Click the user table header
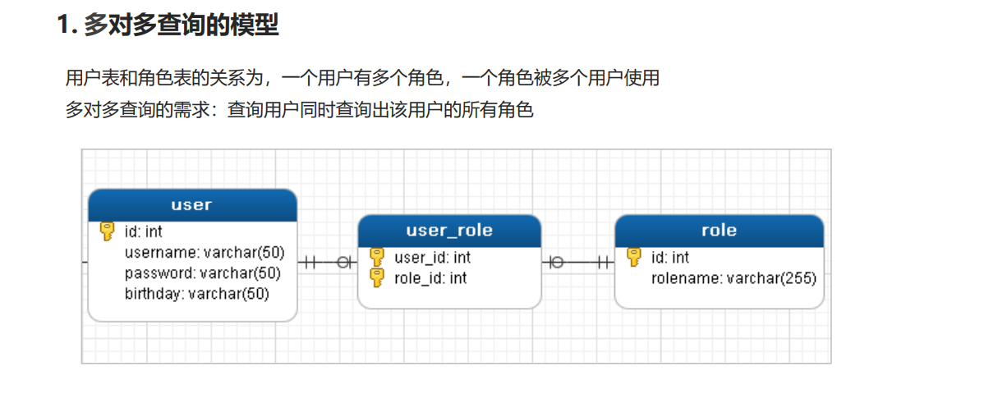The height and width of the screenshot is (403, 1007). click(192, 205)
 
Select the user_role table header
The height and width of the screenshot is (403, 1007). click(449, 231)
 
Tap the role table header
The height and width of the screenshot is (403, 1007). click(719, 231)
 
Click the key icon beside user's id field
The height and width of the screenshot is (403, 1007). click(107, 231)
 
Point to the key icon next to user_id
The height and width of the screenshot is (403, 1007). click(377, 258)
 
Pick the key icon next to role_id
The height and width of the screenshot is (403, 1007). click(377, 278)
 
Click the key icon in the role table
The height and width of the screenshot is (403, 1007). click(634, 258)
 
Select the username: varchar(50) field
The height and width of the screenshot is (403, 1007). click(205, 253)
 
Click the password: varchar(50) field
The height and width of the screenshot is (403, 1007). click(203, 273)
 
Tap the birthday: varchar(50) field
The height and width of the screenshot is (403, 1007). click(197, 294)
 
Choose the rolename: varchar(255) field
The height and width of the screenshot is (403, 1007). click(733, 278)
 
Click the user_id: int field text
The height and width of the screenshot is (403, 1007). click(433, 258)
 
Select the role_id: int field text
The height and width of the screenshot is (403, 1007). click(430, 278)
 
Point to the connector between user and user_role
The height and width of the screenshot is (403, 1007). click(327, 262)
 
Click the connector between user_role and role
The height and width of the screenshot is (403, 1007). click(578, 262)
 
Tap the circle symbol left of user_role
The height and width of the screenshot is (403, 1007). click(343, 262)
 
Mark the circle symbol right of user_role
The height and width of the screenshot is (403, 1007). click(557, 262)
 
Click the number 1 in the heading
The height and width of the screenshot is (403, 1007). click(63, 25)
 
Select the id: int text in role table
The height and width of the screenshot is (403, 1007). click(670, 258)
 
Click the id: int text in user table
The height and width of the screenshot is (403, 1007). click(144, 231)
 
